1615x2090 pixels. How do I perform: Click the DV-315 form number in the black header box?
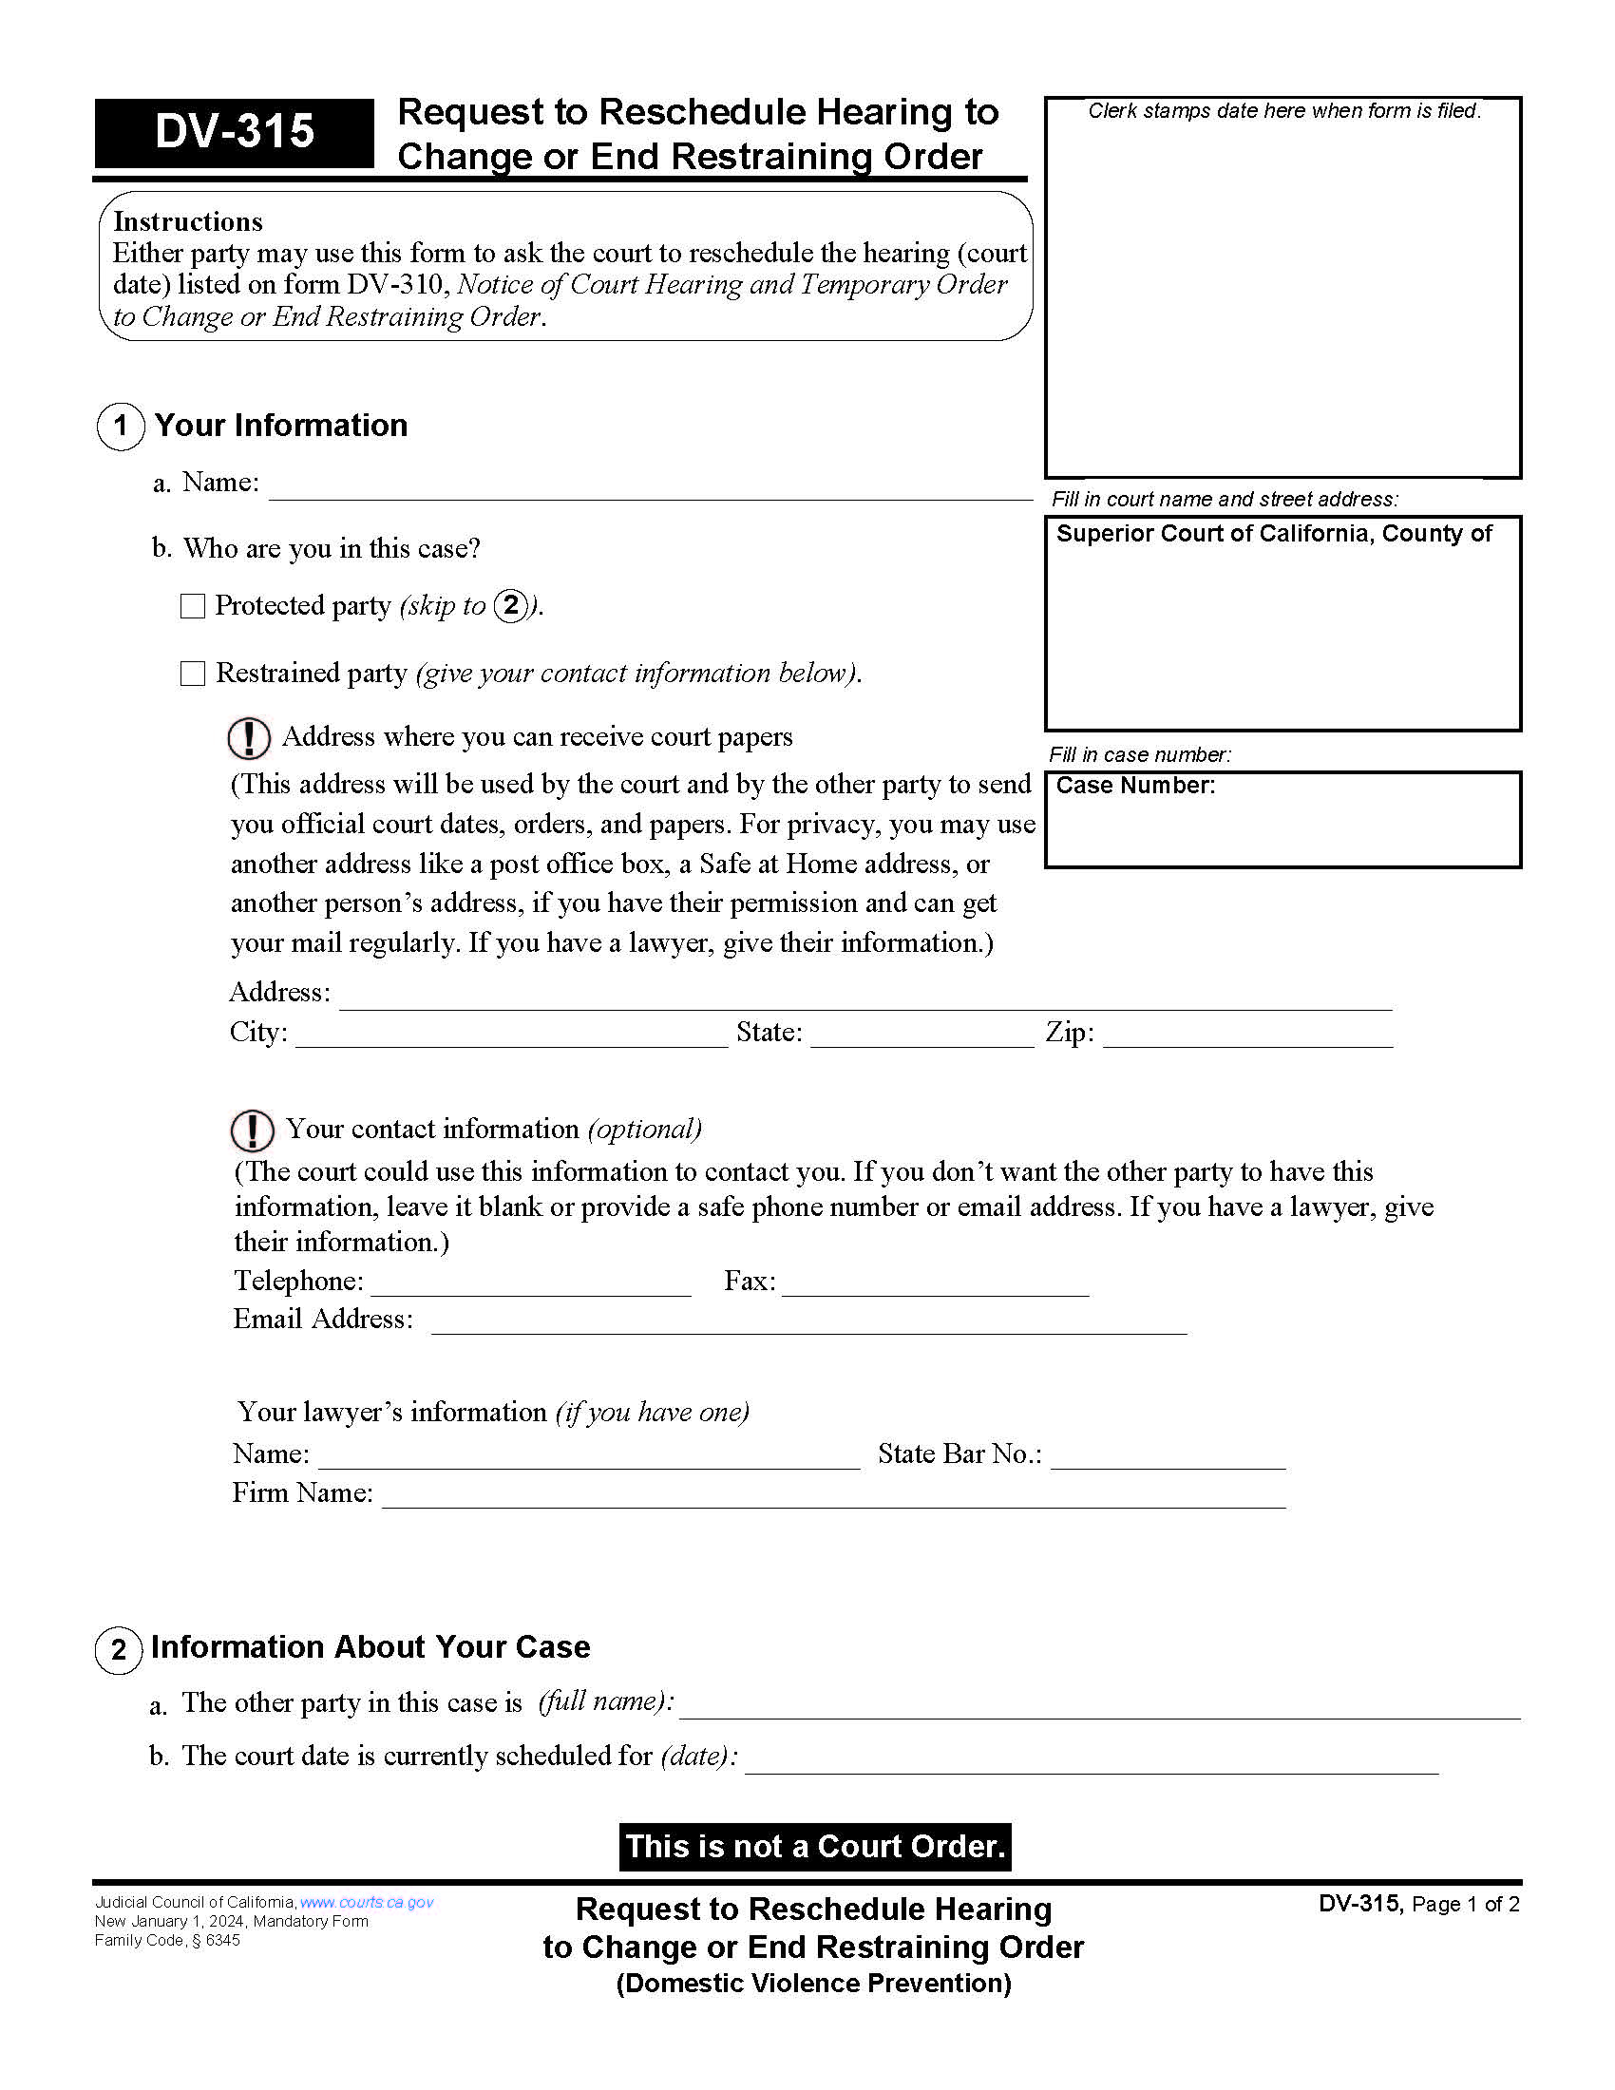[x=235, y=132]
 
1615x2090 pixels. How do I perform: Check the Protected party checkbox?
[x=193, y=606]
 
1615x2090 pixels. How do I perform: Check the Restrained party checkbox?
[x=193, y=674]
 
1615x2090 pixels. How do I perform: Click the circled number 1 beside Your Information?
[x=121, y=426]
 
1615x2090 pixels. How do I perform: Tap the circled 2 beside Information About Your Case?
[x=119, y=1649]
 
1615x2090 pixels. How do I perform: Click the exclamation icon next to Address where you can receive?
[x=249, y=738]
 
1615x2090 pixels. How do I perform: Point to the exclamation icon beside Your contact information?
[x=252, y=1130]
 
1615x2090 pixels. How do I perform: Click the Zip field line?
[x=1246, y=1037]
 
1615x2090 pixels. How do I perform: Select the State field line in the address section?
[x=921, y=1037]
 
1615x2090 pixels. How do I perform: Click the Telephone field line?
[x=531, y=1285]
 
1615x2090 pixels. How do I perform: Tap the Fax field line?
[x=935, y=1285]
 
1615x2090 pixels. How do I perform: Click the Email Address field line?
[x=808, y=1323]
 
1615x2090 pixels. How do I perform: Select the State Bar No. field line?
[x=1168, y=1458]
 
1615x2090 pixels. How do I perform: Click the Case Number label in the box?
[x=1134, y=786]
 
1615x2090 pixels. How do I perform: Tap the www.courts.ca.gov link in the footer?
[x=367, y=1903]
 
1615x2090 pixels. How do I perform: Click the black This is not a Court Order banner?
[x=814, y=1846]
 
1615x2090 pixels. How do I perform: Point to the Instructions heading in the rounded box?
[x=187, y=222]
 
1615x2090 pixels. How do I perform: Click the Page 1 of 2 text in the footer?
[x=1465, y=1905]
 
